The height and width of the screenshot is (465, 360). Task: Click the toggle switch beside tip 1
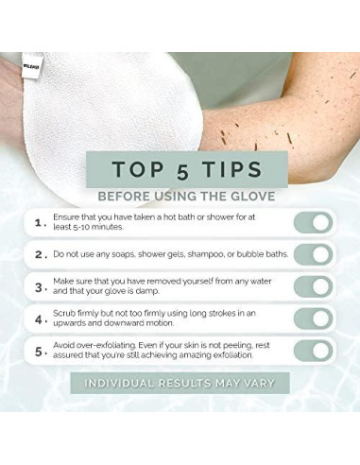pyautogui.click(x=313, y=223)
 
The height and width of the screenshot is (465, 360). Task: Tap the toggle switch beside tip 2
pyautogui.click(x=313, y=255)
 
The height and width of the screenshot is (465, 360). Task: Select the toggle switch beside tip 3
pyautogui.click(x=313, y=287)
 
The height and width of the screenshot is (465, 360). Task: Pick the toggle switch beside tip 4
pyautogui.click(x=313, y=319)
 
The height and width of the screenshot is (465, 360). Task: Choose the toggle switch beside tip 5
pyautogui.click(x=313, y=351)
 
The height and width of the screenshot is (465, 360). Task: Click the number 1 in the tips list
pyautogui.click(x=38, y=223)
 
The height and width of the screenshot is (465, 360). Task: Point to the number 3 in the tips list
pyautogui.click(x=38, y=286)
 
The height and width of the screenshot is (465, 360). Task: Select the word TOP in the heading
pyautogui.click(x=138, y=169)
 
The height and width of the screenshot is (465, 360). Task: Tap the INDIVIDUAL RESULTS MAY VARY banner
pyautogui.click(x=180, y=384)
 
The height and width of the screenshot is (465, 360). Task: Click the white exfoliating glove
pyautogui.click(x=104, y=104)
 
